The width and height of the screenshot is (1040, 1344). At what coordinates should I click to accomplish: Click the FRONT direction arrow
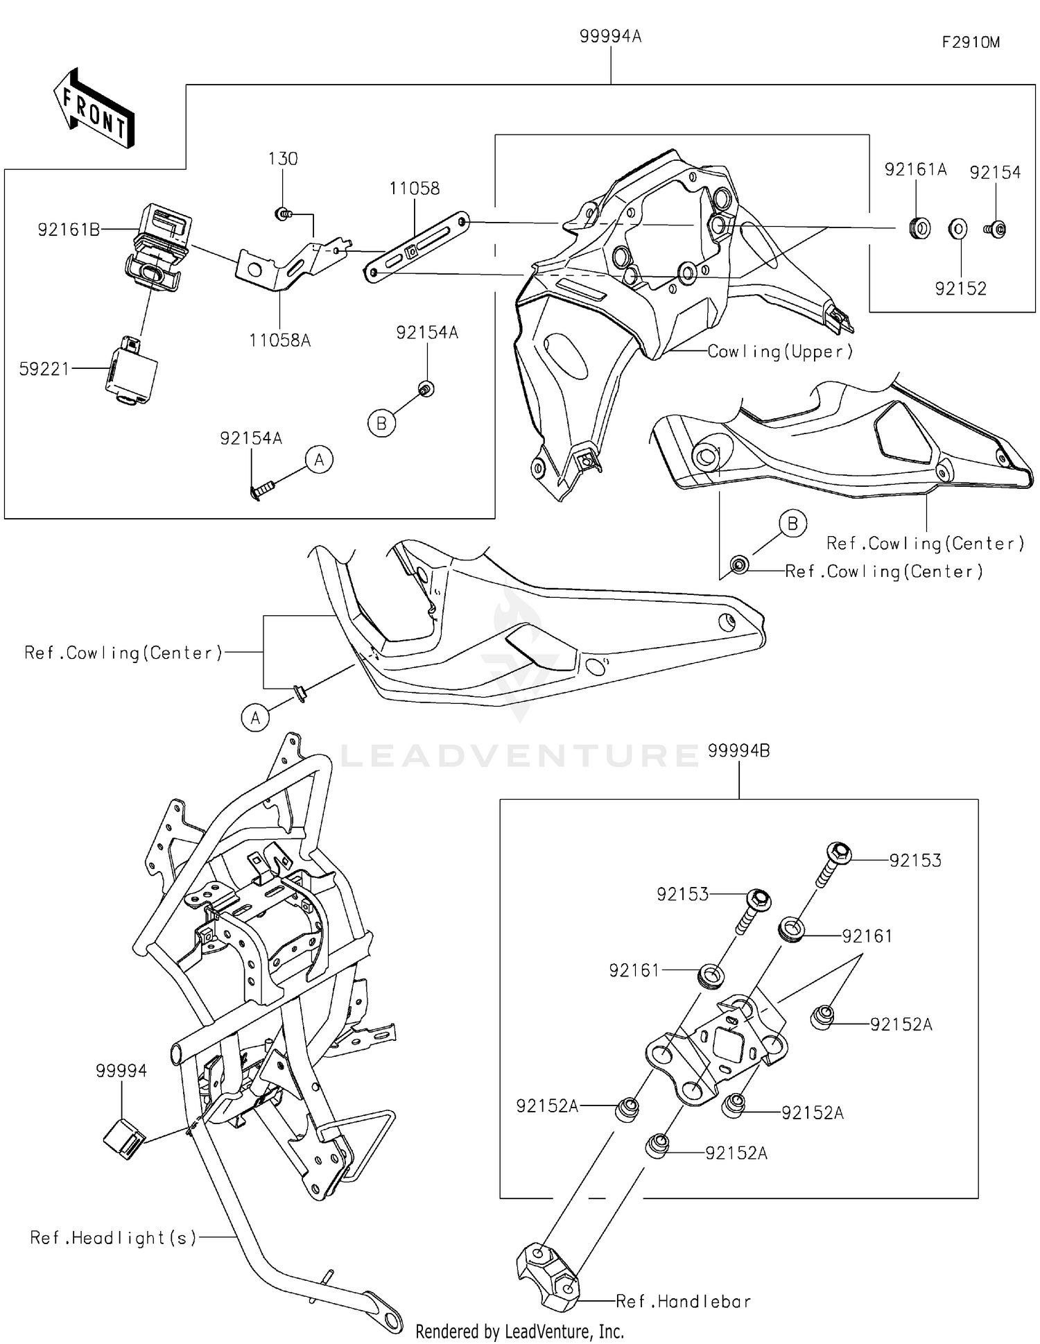click(x=94, y=110)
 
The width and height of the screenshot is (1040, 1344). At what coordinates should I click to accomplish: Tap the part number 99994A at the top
click(x=610, y=36)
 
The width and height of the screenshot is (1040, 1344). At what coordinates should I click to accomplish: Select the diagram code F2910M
click(x=970, y=42)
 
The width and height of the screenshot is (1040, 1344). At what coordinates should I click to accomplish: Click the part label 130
click(x=283, y=159)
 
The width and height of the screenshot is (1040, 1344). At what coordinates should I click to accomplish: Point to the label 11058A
click(x=279, y=340)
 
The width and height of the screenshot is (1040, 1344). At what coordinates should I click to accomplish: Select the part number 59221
click(x=44, y=369)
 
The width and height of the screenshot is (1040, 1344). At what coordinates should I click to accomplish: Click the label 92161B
click(x=69, y=230)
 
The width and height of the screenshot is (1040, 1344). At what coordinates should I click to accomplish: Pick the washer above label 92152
click(x=957, y=229)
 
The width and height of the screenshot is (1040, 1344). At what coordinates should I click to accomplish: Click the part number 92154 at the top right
click(x=994, y=173)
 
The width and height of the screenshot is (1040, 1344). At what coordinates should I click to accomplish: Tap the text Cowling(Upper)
click(x=780, y=352)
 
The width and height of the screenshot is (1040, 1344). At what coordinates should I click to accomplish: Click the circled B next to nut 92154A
click(x=381, y=423)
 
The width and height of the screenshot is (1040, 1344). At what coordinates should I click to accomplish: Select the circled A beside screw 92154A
click(x=319, y=460)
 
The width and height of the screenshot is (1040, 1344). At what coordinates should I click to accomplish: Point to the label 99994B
click(x=738, y=750)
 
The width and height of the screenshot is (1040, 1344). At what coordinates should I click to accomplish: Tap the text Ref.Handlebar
click(x=683, y=1301)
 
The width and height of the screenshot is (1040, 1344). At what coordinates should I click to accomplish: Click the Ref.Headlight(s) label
click(x=113, y=1238)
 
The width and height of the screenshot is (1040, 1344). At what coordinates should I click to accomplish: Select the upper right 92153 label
click(x=915, y=861)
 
